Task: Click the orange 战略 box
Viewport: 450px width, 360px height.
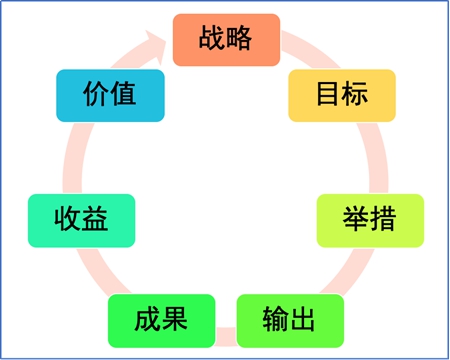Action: click(x=226, y=40)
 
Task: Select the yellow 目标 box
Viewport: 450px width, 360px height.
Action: click(x=342, y=95)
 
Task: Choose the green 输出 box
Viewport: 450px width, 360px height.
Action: click(x=289, y=320)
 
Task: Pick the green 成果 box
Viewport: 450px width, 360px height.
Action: click(x=161, y=320)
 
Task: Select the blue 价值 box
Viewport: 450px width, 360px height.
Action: click(x=109, y=95)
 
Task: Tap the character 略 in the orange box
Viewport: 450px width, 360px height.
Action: click(x=240, y=40)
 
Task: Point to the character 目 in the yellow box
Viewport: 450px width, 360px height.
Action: click(x=328, y=95)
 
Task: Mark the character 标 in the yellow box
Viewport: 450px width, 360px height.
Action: click(x=356, y=95)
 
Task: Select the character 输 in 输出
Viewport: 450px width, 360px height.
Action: click(x=275, y=320)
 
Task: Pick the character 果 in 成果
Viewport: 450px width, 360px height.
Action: click(x=175, y=320)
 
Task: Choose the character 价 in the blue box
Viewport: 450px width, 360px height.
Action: click(x=95, y=95)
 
